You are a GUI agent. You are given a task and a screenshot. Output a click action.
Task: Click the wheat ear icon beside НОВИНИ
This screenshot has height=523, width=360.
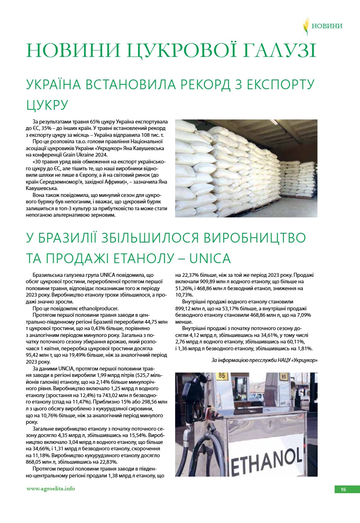point(306,26)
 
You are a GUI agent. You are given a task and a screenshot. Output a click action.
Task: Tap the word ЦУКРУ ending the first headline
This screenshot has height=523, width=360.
point(46,105)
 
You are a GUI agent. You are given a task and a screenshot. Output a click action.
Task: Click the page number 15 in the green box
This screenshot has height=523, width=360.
point(343,490)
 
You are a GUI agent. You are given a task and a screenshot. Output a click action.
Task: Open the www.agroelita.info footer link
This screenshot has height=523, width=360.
point(50,489)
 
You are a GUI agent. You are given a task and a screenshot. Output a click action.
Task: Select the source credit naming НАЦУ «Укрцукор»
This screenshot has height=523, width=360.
point(264,360)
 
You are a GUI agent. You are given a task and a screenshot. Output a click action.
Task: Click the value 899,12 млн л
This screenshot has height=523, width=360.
point(190,308)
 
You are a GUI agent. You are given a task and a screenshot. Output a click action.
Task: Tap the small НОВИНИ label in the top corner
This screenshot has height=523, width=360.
point(327,26)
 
